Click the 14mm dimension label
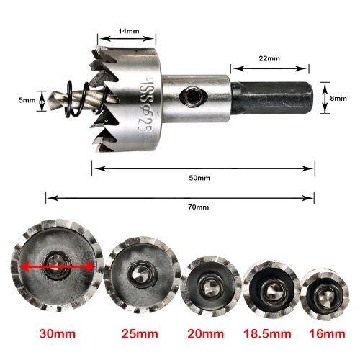[x=128, y=31]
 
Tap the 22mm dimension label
[x=269, y=58]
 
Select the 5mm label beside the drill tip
[x=27, y=100]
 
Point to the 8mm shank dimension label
[x=338, y=99]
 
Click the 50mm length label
[x=199, y=178]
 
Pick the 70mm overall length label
[x=198, y=207]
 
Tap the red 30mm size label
[x=58, y=333]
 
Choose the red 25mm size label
[x=140, y=333]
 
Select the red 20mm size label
[x=205, y=333]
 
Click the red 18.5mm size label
[x=267, y=333]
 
